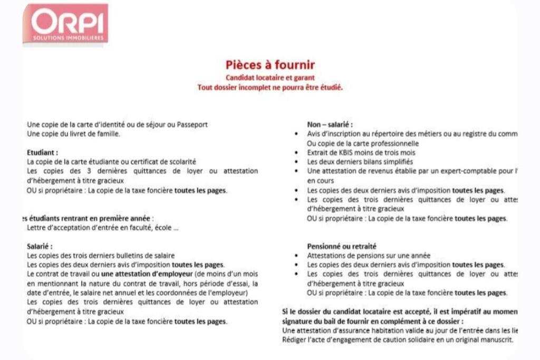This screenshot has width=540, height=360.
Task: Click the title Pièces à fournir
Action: pyautogui.click(x=270, y=65)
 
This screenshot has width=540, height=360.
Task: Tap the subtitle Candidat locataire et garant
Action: pyautogui.click(x=270, y=78)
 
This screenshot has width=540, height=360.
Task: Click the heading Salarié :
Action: pyautogui.click(x=40, y=246)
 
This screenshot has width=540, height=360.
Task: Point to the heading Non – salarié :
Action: pyautogui.click(x=330, y=124)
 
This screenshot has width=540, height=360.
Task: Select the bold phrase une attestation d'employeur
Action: pyautogui.click(x=147, y=274)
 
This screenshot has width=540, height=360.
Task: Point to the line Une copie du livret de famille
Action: pyautogui.click(x=73, y=134)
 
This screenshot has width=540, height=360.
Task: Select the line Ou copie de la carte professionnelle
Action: pyautogui.click(x=363, y=143)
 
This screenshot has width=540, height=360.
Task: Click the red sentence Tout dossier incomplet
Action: pyautogui.click(x=270, y=87)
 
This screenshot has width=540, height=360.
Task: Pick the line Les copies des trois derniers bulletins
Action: pyautogui.click(x=100, y=256)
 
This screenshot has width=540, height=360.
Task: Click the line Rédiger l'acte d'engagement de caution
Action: pyautogui.click(x=398, y=339)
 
